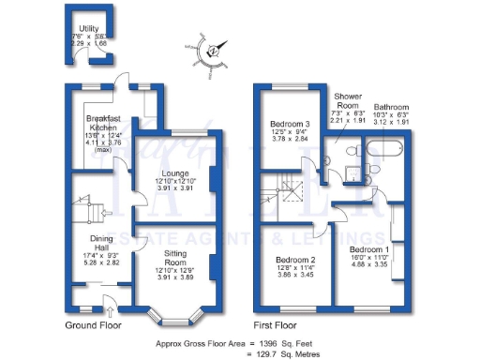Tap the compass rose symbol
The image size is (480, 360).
pyautogui.click(x=213, y=51)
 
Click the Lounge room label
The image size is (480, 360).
pyautogui.click(x=175, y=172)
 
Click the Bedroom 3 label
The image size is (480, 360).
pyautogui.click(x=290, y=124)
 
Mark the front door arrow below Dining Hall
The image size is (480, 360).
pyautogui.click(x=110, y=301)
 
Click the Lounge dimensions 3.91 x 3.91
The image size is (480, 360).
pyautogui.click(x=175, y=189)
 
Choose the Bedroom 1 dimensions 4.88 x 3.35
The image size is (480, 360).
pyautogui.click(x=369, y=265)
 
